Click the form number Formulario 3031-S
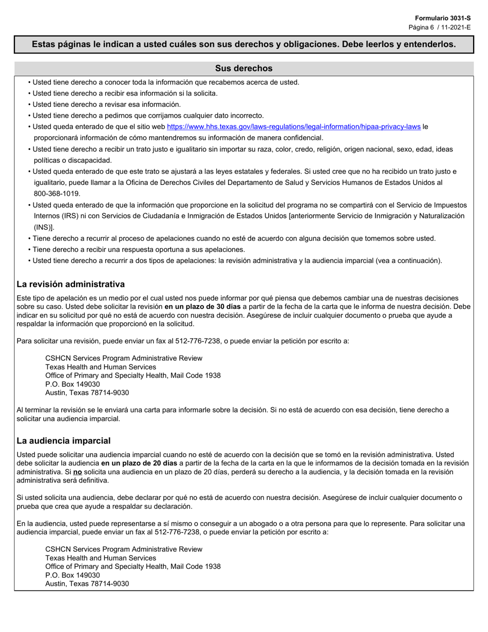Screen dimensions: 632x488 [x=443, y=18]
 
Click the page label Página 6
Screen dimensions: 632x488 [x=422, y=27]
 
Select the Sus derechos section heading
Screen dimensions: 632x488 [x=243, y=68]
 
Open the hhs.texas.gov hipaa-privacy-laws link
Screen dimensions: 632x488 [x=294, y=126]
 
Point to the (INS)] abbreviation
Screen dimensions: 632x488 [x=44, y=227]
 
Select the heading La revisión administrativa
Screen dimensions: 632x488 [x=70, y=284]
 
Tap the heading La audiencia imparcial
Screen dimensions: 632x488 [x=64, y=441]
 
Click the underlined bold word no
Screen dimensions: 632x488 [x=78, y=472]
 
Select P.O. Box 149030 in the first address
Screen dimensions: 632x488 [x=72, y=384]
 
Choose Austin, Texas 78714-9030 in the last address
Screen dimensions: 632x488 [x=87, y=584]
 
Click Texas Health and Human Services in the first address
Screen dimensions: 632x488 [x=101, y=367]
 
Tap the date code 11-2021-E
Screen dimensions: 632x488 [x=455, y=27]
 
